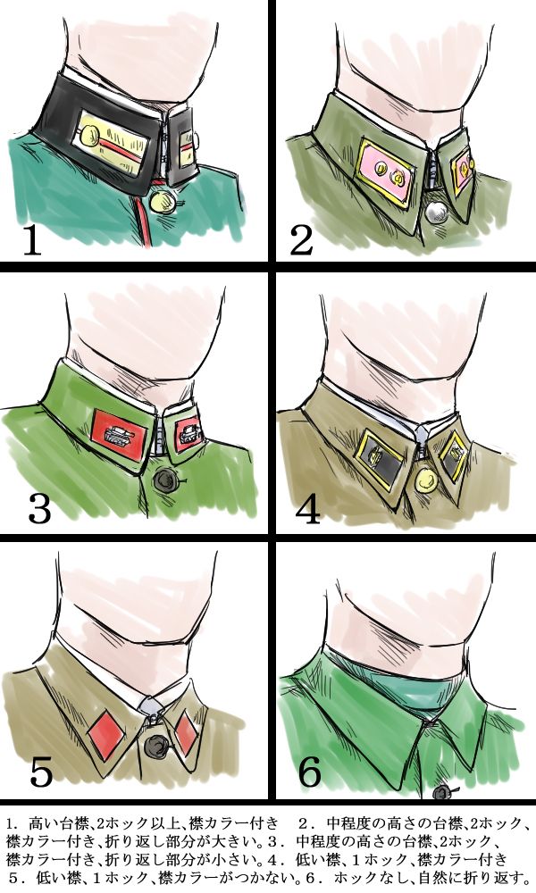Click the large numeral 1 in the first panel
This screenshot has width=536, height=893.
tap(32, 241)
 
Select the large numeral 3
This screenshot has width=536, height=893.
tap(39, 509)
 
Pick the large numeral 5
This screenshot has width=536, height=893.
tap(41, 772)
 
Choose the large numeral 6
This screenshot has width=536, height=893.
tap(310, 772)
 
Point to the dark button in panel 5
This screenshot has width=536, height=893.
tap(156, 746)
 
